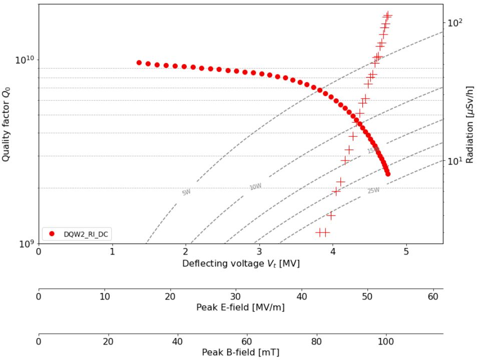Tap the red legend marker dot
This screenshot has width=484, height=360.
point(51,234)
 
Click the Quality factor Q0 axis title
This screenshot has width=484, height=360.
point(7,123)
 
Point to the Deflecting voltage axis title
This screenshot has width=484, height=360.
point(241,263)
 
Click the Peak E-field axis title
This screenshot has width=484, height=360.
point(241,307)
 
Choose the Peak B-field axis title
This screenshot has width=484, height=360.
point(241,352)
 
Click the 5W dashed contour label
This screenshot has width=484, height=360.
point(186,192)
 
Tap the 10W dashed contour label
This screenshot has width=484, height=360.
point(255,186)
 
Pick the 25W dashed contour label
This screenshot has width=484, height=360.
point(373,190)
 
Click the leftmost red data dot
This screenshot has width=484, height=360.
point(139,62)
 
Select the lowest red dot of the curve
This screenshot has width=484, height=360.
point(388,173)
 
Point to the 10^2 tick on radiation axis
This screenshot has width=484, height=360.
point(455,23)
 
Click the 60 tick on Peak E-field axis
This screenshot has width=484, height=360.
point(433,295)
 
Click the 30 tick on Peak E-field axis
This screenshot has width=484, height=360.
point(236,295)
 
